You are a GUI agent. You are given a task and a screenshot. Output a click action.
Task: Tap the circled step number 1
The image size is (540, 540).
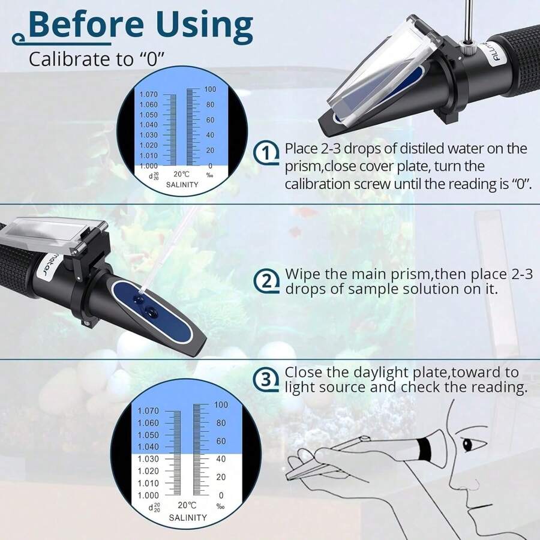click(267, 153)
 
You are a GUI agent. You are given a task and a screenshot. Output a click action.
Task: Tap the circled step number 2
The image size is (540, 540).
click(267, 280)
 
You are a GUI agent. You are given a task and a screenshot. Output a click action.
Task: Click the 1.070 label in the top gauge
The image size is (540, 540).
click(148, 94)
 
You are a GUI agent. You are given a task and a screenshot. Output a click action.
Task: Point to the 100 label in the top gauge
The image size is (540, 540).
click(210, 89)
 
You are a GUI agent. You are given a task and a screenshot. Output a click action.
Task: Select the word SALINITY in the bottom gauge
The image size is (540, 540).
click(187, 517)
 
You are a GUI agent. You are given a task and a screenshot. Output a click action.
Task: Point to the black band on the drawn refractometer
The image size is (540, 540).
click(425, 446)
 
